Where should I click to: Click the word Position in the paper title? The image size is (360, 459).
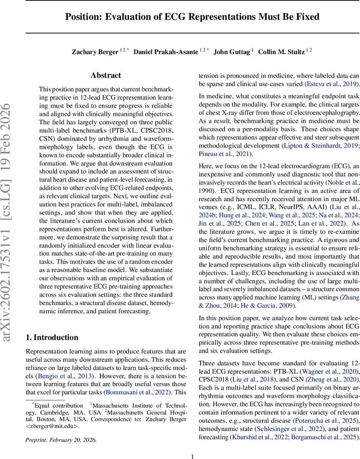tap(80, 17)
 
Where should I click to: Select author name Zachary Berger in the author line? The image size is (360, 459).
tap(94, 52)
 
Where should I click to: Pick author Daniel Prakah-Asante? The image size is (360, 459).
tap(166, 52)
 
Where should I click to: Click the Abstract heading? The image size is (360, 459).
tap(106, 76)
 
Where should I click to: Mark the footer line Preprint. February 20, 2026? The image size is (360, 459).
tap(61, 440)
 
